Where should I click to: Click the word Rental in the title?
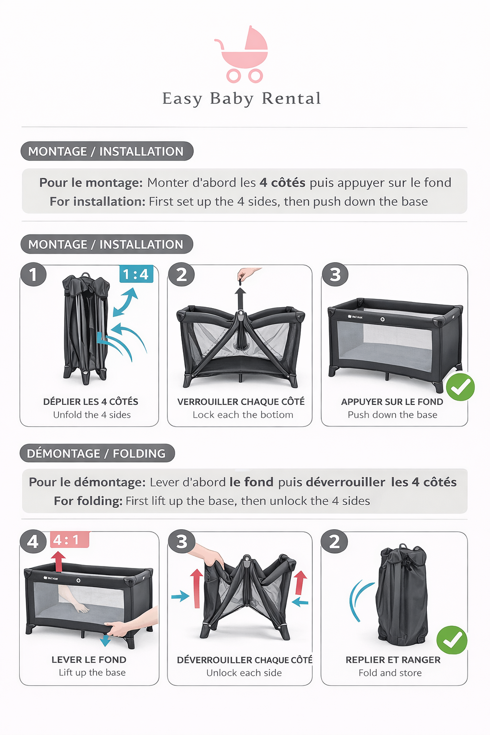291,99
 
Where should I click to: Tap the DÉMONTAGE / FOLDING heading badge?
97,453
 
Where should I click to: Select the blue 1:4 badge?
136,274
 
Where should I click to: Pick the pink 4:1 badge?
69,539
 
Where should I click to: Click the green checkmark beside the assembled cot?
460,387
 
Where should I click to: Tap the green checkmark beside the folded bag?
452,640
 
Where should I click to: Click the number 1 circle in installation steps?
33,274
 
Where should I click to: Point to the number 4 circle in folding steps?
33,542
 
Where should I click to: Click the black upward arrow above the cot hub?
240,299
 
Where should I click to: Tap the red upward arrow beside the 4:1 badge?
58,562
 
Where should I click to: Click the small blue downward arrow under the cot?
105,640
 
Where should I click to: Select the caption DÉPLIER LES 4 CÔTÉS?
90,401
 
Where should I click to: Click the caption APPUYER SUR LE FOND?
392,401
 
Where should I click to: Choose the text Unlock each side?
244,673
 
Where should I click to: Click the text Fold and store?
390,673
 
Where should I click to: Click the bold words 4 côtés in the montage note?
282,182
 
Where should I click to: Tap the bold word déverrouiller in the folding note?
345,482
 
